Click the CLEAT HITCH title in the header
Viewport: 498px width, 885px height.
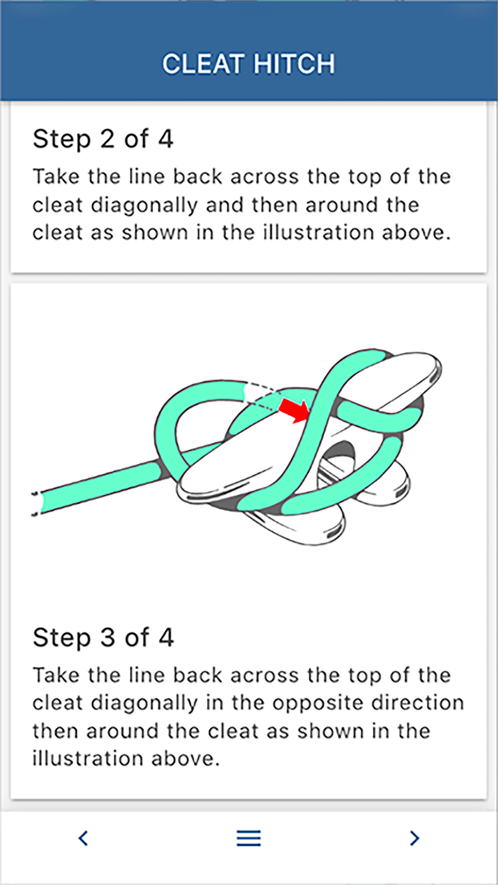click(248, 64)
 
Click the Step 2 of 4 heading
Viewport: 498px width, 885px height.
click(102, 139)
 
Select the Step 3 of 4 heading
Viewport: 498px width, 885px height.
click(102, 637)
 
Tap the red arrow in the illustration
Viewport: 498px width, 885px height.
click(292, 410)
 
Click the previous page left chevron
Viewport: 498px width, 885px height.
click(83, 838)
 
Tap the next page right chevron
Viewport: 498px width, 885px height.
click(415, 838)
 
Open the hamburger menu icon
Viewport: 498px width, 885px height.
click(248, 838)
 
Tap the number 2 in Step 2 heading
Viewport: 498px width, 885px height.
click(106, 139)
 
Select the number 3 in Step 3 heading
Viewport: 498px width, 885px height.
click(106, 637)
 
